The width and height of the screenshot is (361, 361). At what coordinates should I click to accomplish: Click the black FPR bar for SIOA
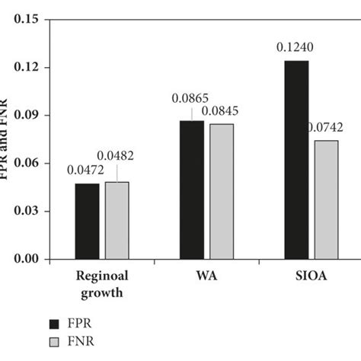pos(296,159)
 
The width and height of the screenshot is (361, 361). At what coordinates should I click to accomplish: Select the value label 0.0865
pos(190,99)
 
